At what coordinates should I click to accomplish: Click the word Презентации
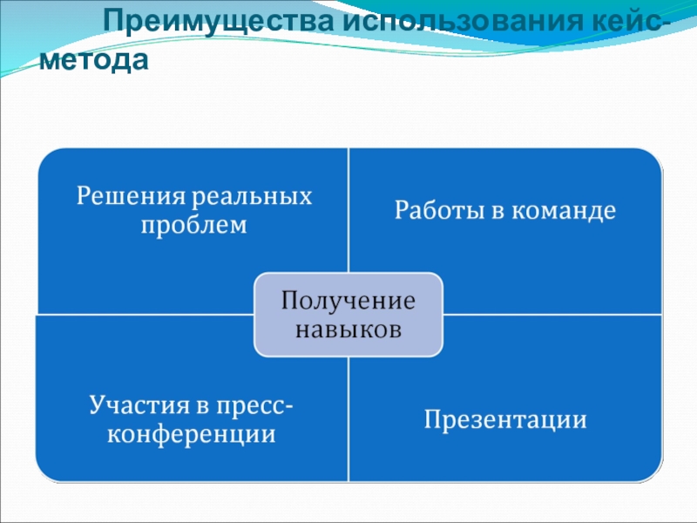coord(505,420)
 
